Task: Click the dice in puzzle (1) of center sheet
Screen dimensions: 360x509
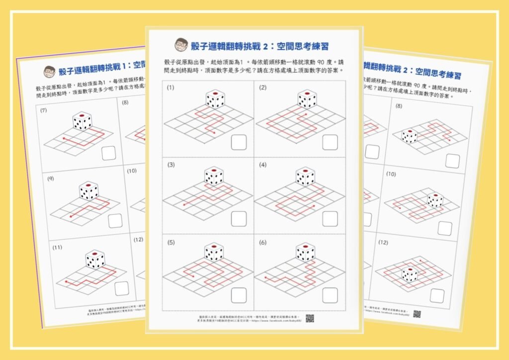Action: pyautogui.click(x=214, y=99)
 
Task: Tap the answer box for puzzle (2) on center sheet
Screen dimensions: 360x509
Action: pyautogui.click(x=330, y=142)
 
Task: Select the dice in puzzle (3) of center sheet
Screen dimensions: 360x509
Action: pyautogui.click(x=214, y=176)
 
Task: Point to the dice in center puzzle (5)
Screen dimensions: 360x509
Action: pyautogui.click(x=214, y=252)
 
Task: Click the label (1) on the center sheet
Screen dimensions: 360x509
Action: pyautogui.click(x=171, y=88)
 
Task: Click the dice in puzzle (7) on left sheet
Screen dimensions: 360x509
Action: pyautogui.click(x=82, y=121)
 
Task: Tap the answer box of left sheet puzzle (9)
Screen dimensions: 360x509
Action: pyautogui.click(x=115, y=220)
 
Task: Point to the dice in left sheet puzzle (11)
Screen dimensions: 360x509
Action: pyautogui.click(x=94, y=259)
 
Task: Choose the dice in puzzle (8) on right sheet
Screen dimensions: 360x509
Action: pyautogui.click(x=409, y=136)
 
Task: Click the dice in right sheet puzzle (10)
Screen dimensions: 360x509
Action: pyautogui.click(x=435, y=200)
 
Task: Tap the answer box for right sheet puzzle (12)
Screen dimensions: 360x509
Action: pyautogui.click(x=437, y=295)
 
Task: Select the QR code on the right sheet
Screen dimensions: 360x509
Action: pyautogui.click(x=417, y=314)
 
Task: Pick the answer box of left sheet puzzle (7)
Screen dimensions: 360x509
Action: pyautogui.click(x=109, y=153)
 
